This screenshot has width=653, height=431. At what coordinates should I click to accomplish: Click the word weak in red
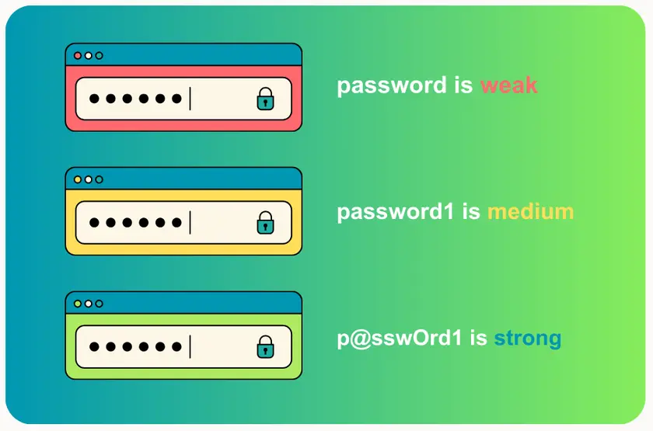tap(508, 85)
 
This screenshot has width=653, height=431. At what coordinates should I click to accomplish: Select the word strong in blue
tap(527, 338)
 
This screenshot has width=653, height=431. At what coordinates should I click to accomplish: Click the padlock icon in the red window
tap(266, 99)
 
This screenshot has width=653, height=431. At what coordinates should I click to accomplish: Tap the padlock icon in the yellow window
tap(266, 223)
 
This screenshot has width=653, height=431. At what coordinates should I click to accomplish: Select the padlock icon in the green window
tap(266, 347)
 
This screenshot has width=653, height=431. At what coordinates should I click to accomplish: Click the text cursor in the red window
tap(190, 99)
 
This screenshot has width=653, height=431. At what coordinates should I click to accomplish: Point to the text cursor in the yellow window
tap(190, 223)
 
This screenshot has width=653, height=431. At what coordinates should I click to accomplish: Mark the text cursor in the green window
tap(190, 347)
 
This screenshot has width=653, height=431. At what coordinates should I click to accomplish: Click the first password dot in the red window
tap(94, 99)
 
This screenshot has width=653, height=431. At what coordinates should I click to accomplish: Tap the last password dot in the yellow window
tap(176, 223)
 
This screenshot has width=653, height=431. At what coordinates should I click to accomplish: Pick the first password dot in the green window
tap(94, 347)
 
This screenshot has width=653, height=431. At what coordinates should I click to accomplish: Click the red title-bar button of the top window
tap(77, 55)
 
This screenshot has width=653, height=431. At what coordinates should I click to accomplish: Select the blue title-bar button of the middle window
tap(99, 179)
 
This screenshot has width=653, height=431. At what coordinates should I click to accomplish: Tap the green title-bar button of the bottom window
tap(77, 304)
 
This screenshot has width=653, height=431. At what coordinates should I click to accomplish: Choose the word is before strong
tap(478, 338)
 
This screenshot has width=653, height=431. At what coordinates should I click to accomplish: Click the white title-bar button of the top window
tap(88, 55)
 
